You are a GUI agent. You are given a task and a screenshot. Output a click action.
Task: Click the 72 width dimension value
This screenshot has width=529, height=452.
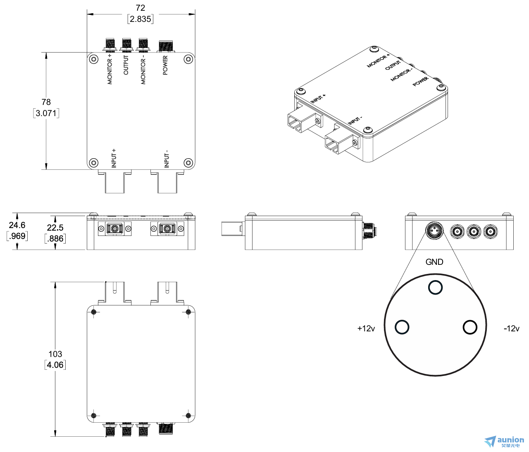click(140, 8)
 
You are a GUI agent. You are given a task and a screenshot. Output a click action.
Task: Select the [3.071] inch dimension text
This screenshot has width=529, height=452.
click(46, 113)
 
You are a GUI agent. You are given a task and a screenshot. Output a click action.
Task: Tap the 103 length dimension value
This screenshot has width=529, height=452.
click(55, 354)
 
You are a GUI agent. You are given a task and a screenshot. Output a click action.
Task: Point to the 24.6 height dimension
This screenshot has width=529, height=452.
click(17, 225)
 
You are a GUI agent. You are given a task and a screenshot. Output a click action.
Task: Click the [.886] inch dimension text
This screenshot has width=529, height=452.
click(55, 238)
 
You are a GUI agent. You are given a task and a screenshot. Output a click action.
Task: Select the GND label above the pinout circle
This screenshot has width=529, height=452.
click(434, 262)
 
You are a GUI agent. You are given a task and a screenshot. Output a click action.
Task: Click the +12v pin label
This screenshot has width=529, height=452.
click(366, 328)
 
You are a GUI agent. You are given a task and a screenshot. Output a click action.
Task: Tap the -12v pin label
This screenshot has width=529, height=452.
click(511, 328)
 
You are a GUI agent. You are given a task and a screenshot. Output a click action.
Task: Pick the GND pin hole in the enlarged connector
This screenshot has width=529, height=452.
click(435, 287)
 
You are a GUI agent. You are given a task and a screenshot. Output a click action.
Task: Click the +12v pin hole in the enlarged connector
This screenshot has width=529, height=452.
click(402, 327)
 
